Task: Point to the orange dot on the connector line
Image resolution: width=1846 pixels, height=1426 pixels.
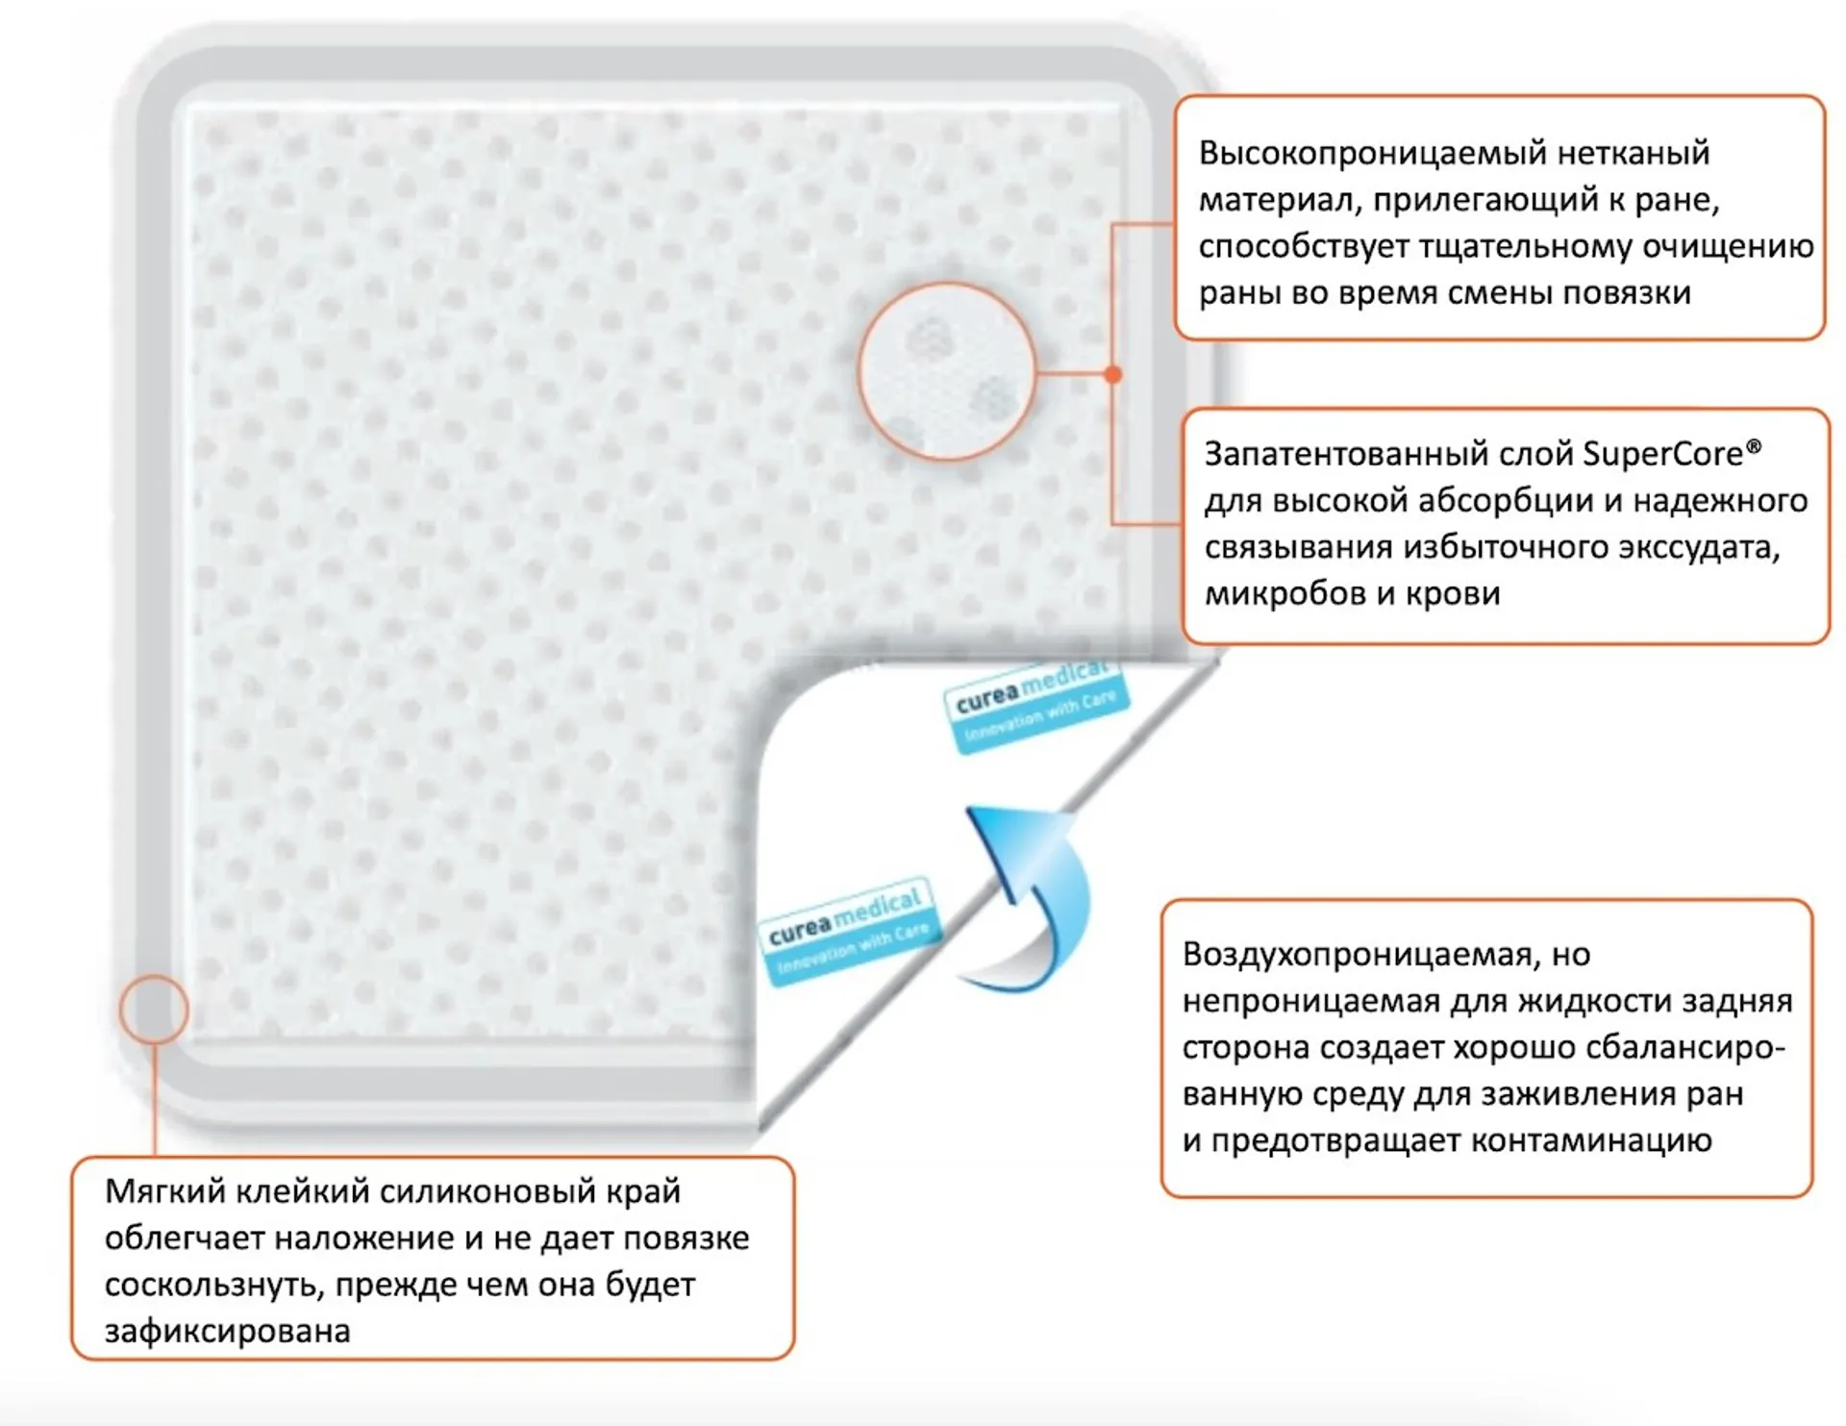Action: click(x=1112, y=374)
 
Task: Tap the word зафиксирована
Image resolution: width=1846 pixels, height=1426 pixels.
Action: click(x=228, y=1332)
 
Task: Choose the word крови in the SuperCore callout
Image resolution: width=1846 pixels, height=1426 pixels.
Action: click(x=1454, y=594)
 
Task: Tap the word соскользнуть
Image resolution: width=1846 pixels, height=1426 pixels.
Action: click(x=215, y=1285)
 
